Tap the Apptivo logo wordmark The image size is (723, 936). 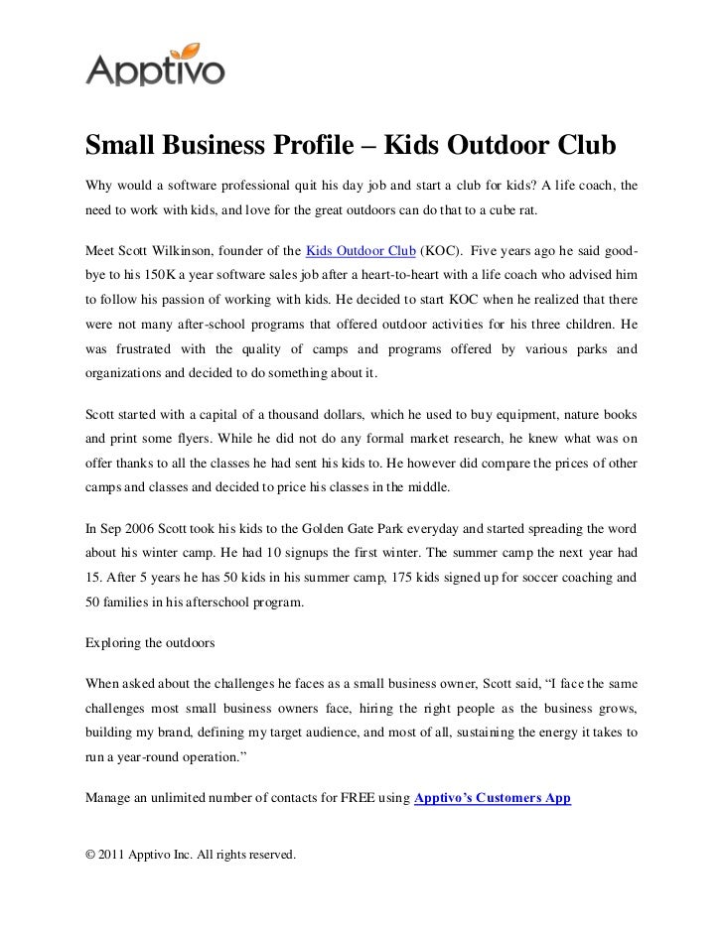155,69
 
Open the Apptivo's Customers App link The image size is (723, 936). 492,797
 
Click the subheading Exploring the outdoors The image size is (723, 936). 150,642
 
